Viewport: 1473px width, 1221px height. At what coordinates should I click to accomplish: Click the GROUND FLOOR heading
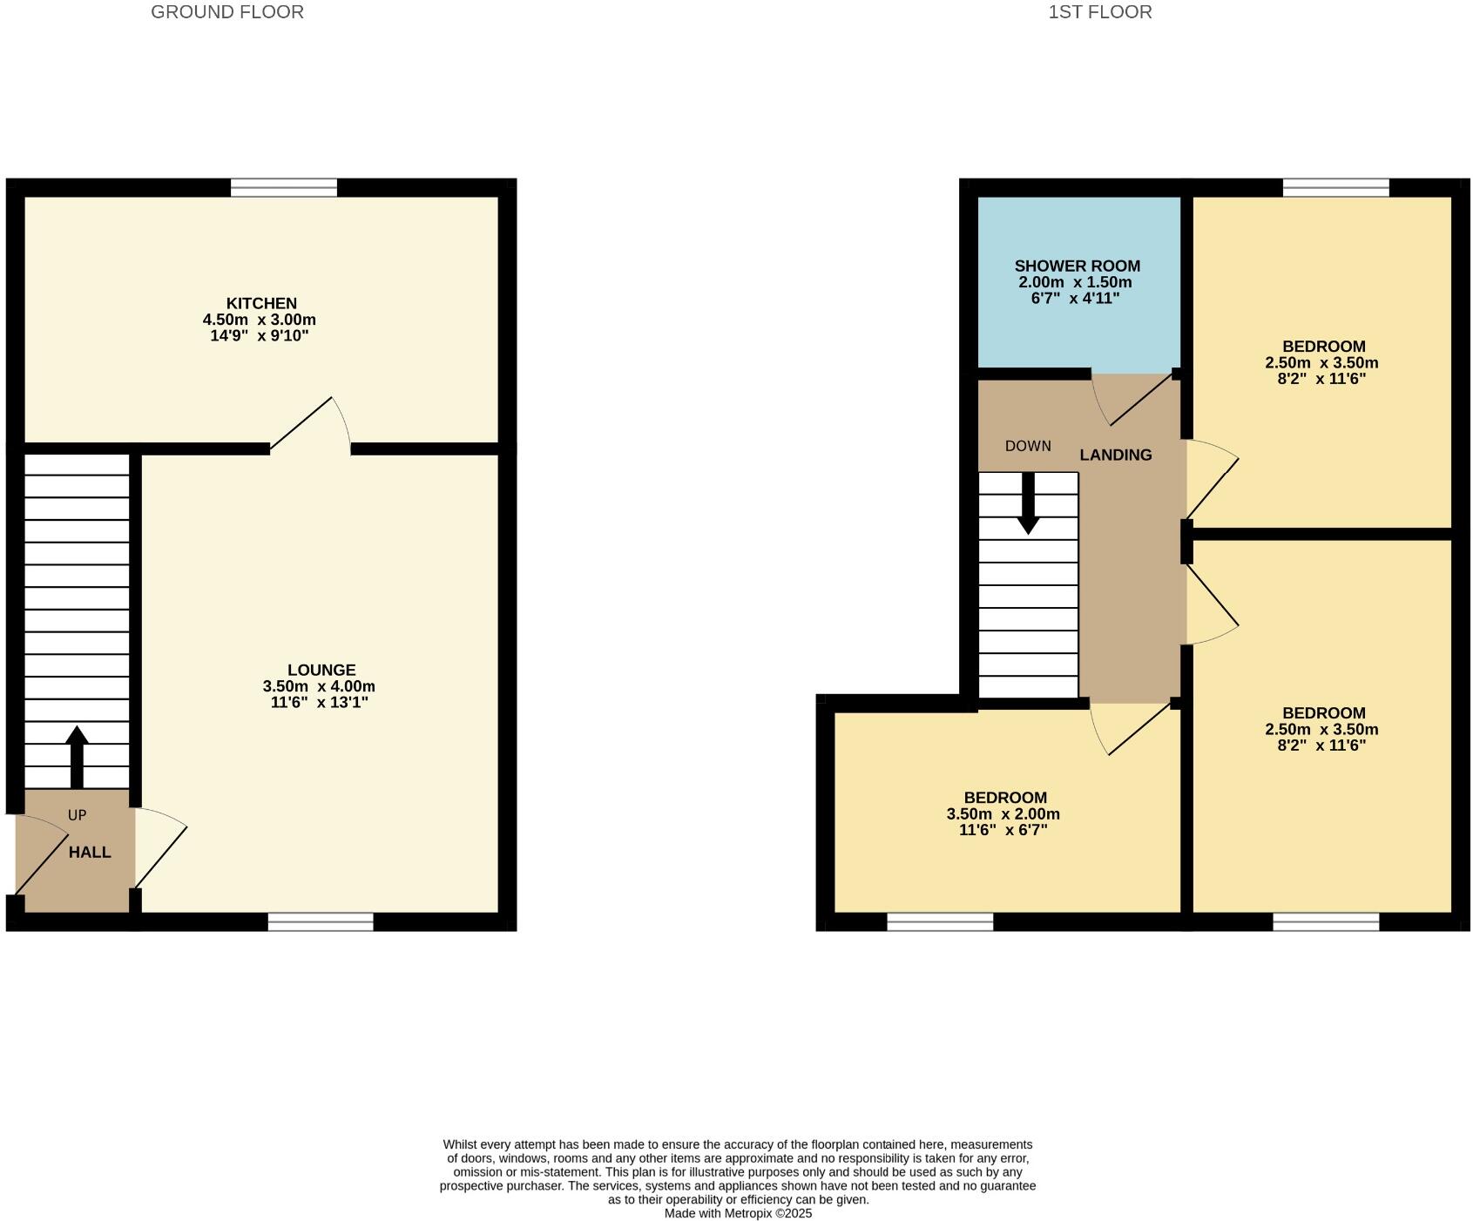(x=227, y=12)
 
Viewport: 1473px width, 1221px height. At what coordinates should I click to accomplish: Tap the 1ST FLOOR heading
(x=1099, y=12)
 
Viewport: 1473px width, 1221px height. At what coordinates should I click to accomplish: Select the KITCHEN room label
(x=261, y=303)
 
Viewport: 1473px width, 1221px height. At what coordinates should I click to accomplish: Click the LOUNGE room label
(x=321, y=670)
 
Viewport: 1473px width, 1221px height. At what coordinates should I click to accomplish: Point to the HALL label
(x=90, y=852)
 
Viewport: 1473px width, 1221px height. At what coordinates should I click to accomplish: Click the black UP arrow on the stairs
(x=77, y=756)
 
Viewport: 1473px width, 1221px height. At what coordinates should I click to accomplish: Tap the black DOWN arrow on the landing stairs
(x=1028, y=503)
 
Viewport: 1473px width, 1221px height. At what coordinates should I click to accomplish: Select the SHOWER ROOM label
(x=1077, y=266)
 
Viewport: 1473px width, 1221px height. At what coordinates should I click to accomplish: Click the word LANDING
(x=1115, y=455)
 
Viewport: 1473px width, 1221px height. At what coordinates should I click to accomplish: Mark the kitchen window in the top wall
(x=283, y=187)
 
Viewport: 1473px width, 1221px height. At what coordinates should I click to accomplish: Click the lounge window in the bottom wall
(x=320, y=921)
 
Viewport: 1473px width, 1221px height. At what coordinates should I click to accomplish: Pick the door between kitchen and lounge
(x=309, y=427)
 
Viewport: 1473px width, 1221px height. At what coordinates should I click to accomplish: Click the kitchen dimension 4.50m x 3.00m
(x=259, y=320)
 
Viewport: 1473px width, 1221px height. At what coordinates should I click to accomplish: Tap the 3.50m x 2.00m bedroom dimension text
(x=1003, y=814)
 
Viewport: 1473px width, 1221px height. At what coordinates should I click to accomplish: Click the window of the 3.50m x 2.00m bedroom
(x=940, y=921)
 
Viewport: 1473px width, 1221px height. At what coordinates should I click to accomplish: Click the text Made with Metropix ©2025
(x=738, y=1213)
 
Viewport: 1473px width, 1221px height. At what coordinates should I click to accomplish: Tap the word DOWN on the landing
(x=1028, y=446)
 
